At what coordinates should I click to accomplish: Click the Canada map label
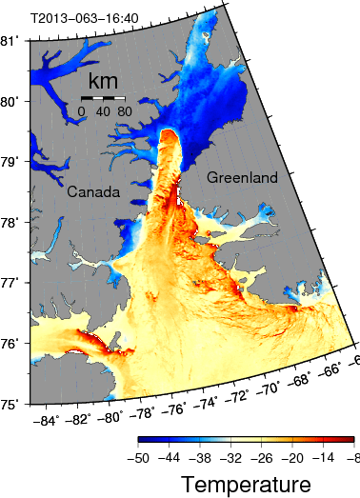pos(93,191)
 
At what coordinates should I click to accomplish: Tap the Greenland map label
pos(242,177)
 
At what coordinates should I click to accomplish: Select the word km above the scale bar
pos(103,80)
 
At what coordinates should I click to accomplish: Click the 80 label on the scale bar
pos(124,111)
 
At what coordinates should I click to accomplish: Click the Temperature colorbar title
pos(246,485)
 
